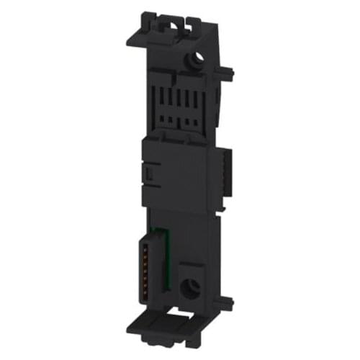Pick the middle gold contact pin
150,267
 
